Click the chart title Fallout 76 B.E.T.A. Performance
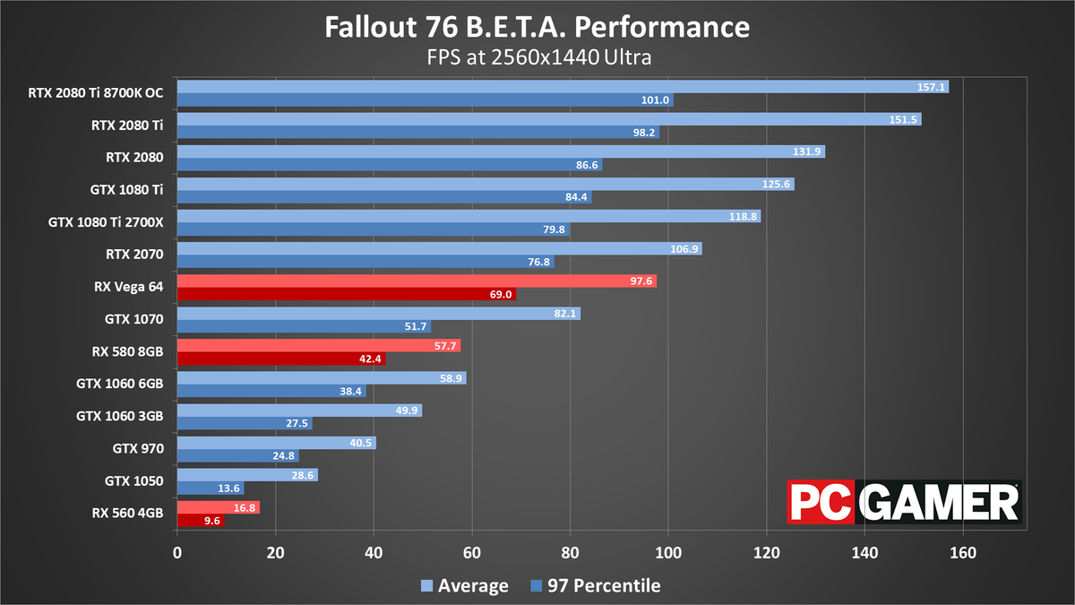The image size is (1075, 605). click(537, 27)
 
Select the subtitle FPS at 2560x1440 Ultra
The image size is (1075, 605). click(537, 56)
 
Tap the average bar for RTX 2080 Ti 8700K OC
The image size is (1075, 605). click(562, 87)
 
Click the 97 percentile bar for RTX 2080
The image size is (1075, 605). click(389, 165)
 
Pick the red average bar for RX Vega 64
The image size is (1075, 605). click(417, 281)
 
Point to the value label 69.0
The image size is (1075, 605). click(500, 294)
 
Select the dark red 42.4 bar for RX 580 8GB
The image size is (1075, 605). click(281, 359)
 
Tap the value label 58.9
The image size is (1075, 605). click(450, 378)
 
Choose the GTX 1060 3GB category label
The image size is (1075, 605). click(119, 416)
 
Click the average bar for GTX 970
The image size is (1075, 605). click(276, 443)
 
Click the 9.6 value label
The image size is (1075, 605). click(211, 521)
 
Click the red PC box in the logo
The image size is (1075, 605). click(821, 502)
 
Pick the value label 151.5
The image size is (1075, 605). click(904, 119)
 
